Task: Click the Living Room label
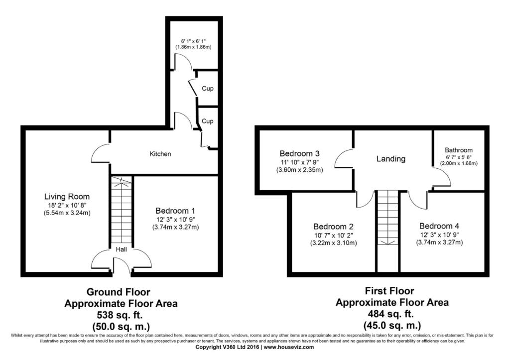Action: point(67,197)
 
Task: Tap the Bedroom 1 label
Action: point(175,211)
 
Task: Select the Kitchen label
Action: point(160,154)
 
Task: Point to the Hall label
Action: point(122,249)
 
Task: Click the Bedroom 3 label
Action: point(299,153)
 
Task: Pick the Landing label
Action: point(391,159)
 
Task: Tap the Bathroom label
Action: point(459,150)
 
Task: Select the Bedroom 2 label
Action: point(333,227)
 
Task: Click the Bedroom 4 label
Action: point(439,226)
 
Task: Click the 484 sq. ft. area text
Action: point(391,314)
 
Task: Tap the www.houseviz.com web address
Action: point(289,348)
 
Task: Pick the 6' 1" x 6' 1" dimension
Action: point(194,41)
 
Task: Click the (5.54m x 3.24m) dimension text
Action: point(67,213)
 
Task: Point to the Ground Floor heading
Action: point(119,292)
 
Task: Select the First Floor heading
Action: point(389,291)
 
